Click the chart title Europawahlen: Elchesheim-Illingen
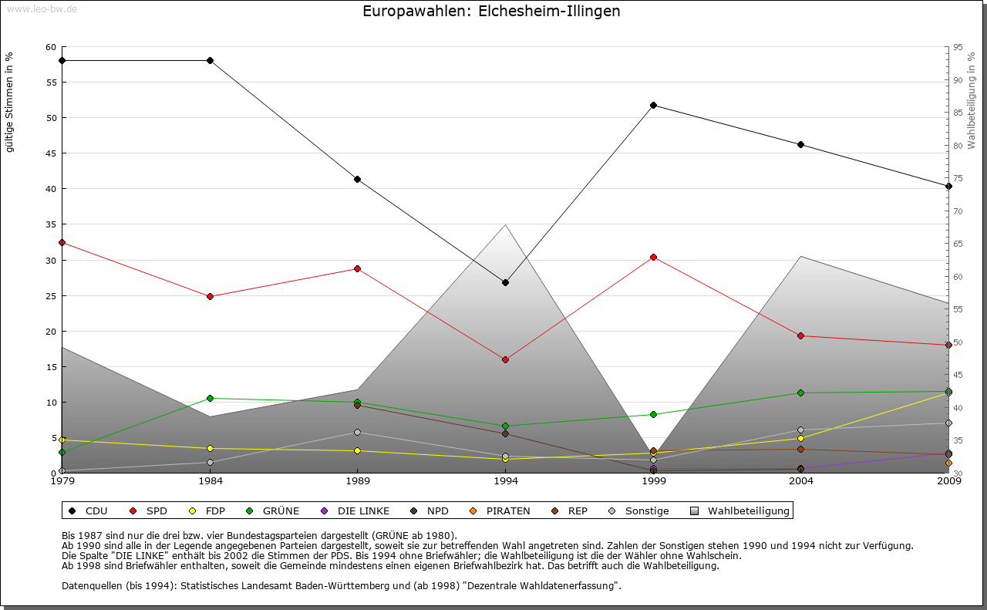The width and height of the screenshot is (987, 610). coord(491,12)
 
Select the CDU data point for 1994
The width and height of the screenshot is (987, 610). coord(505,282)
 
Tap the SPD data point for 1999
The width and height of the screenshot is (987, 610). coord(653,257)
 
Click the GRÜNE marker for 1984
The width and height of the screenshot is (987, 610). coord(210,398)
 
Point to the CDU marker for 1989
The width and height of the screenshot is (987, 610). coord(357,179)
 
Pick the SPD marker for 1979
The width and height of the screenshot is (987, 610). coord(62,242)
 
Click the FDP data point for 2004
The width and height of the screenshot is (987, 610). coord(801,438)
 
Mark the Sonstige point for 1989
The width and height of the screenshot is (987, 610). coord(357,432)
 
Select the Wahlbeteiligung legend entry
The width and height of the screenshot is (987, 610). coord(741,511)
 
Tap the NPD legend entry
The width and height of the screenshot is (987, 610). coord(431,511)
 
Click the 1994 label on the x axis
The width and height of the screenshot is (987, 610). coord(505,482)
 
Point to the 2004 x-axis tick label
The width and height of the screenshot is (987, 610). coord(801,482)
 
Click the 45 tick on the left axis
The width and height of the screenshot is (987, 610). coord(52,153)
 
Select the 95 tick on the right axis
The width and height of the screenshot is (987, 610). coord(957,47)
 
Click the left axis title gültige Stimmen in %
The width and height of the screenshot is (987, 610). coord(10,102)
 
